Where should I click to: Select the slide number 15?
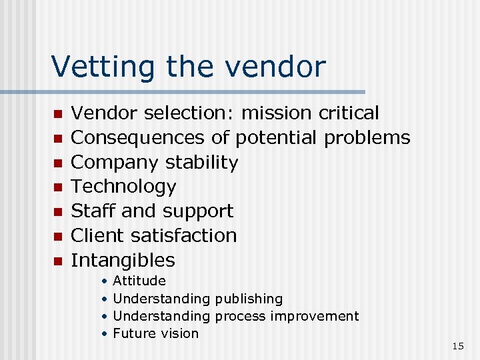[x=457, y=346]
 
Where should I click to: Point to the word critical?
[x=349, y=113]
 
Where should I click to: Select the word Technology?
[x=123, y=187]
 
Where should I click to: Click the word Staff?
[x=93, y=211]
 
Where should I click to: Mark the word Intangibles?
[x=123, y=260]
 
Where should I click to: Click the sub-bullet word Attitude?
[x=139, y=281]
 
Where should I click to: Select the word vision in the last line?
[x=177, y=333]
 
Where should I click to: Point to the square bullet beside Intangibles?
[x=58, y=261]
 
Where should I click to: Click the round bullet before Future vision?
[x=104, y=333]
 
